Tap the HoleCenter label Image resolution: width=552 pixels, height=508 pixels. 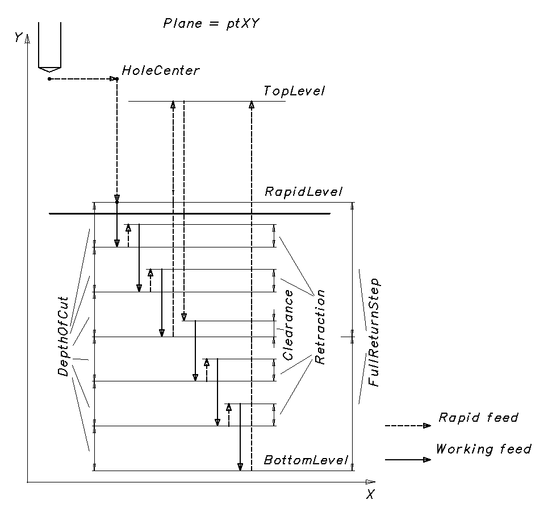[161, 71]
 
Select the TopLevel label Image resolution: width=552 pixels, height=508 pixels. [294, 91]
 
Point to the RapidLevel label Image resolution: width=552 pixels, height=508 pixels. [304, 192]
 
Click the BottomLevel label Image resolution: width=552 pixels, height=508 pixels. [306, 460]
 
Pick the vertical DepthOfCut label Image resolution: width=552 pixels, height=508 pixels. [63, 336]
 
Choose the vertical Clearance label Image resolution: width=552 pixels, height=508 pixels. [288, 325]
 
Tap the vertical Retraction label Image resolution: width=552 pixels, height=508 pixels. [320, 326]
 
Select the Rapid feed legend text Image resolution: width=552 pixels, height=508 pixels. [478, 418]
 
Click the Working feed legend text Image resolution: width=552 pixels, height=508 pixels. [483, 450]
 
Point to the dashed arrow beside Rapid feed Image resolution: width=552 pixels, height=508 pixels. [408, 425]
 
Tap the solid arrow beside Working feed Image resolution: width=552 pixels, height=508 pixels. [408, 460]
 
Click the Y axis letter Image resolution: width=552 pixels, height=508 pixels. [18, 37]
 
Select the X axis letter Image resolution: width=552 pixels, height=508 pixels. [370, 494]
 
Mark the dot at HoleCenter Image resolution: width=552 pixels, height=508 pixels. [117, 78]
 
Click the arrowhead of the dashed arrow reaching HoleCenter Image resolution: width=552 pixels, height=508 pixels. [112, 78]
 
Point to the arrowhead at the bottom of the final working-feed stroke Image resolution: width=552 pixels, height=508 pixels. [240, 467]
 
